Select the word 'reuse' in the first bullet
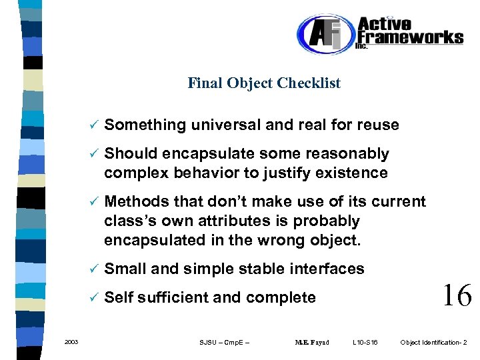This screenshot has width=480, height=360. point(377,125)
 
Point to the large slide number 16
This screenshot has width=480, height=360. point(457,294)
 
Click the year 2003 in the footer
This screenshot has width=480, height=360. point(71,342)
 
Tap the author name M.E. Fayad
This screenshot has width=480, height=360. point(311,343)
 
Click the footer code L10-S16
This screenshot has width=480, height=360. point(365,343)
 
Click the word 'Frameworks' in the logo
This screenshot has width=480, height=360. point(410,37)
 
